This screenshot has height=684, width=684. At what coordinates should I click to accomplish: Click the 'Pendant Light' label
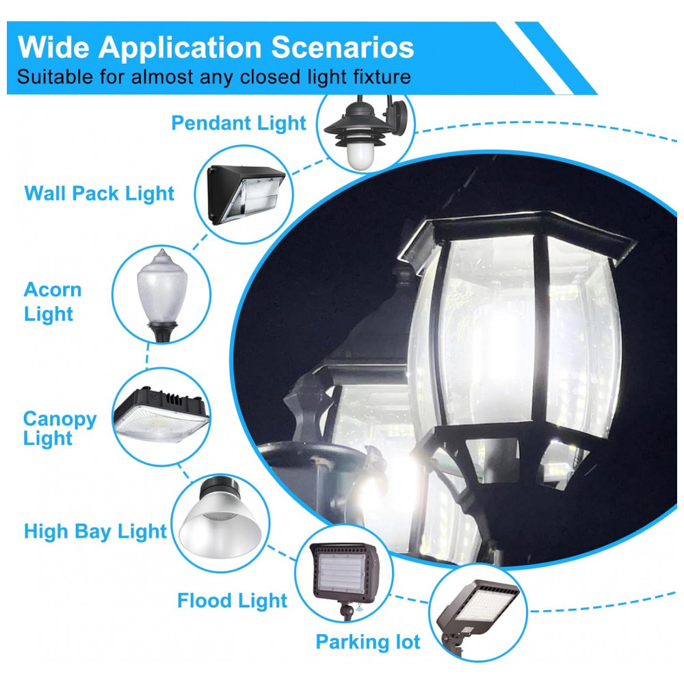(239, 123)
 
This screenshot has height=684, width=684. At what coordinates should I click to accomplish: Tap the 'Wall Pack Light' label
(99, 194)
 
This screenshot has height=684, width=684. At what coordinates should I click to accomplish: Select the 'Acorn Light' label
(53, 302)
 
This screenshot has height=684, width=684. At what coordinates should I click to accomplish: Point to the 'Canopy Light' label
(60, 428)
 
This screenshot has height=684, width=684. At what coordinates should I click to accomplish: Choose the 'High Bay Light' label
(95, 531)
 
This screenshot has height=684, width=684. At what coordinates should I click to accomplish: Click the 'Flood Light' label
(233, 601)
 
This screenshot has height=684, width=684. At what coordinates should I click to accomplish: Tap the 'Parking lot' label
(367, 642)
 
